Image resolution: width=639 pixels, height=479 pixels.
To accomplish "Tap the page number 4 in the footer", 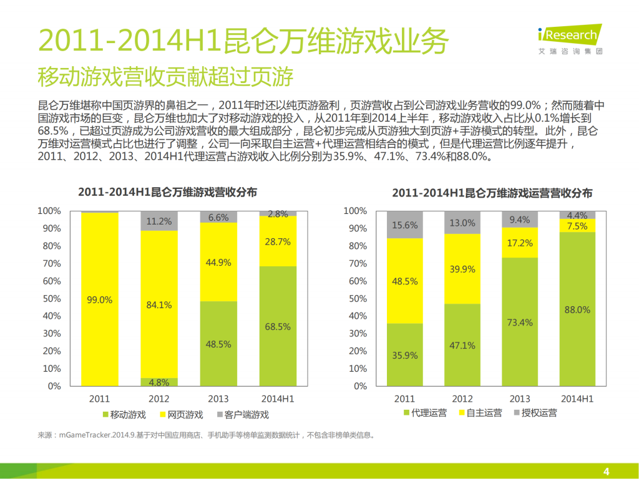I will tap(605, 471).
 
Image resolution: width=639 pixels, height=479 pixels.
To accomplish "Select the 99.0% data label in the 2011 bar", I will tap(100, 300).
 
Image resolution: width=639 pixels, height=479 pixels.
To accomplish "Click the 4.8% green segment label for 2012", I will tap(159, 382).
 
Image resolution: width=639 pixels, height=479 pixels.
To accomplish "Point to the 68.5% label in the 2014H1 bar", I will tap(278, 326).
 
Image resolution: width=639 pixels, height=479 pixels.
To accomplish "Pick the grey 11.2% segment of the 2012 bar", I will tap(159, 221).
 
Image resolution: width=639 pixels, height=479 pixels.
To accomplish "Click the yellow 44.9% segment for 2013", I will tap(218, 263).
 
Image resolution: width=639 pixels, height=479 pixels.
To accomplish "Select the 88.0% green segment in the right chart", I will tap(577, 309).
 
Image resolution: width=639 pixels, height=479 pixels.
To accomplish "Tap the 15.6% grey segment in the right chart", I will tap(404, 225).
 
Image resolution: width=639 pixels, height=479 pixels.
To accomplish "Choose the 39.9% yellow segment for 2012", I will tap(462, 269).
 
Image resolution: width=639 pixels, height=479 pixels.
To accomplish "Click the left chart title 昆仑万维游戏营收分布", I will tap(167, 192).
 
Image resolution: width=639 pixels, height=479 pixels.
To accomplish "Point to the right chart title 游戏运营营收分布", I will tap(492, 193).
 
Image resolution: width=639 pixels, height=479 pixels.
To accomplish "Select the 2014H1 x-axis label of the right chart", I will tap(577, 399).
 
